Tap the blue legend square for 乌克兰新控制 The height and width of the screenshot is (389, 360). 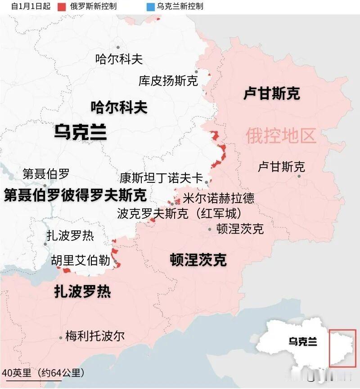(x=150, y=7)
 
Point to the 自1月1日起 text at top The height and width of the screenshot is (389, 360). (x=31, y=7)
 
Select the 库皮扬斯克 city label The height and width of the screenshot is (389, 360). (x=168, y=81)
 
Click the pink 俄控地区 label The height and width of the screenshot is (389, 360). (x=281, y=136)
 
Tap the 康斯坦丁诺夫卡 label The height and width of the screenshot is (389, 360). (x=161, y=177)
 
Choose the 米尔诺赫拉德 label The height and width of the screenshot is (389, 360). (x=218, y=198)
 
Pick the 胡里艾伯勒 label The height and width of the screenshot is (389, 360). (x=81, y=260)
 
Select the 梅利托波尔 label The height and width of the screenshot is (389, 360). (x=94, y=336)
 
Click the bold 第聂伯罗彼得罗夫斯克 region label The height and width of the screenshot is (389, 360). (x=75, y=195)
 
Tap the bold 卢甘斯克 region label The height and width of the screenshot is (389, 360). (x=271, y=94)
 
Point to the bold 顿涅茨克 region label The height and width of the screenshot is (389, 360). (x=198, y=260)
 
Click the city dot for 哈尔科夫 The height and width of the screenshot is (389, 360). (x=118, y=47)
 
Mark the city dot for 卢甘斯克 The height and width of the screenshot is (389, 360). (x=299, y=176)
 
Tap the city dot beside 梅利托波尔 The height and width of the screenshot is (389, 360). (x=61, y=338)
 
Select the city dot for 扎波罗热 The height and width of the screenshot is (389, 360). (x=45, y=244)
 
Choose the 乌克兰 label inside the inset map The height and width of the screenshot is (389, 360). (x=302, y=342)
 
